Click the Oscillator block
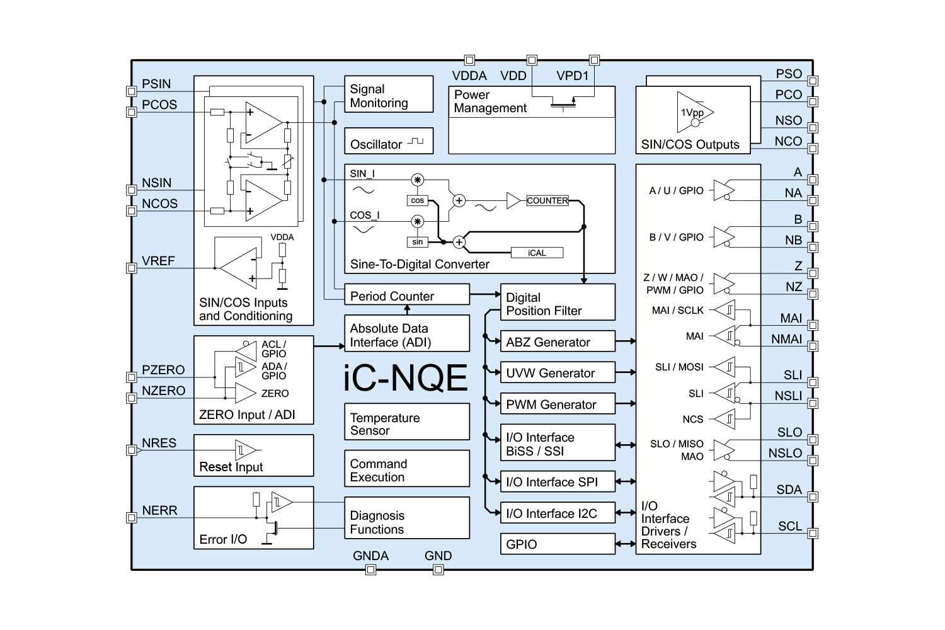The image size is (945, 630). (389, 141)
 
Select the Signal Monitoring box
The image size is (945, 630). (389, 94)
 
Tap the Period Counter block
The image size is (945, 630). (407, 295)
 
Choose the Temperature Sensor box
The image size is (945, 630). (407, 422)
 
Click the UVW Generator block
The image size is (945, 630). (557, 372)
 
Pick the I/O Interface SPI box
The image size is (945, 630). (557, 481)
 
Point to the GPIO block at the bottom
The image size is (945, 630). (557, 544)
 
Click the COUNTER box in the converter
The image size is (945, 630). (547, 200)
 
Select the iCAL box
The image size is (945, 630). (537, 253)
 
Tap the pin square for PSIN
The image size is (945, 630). (132, 91)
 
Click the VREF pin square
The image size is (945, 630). (132, 268)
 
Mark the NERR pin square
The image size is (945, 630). (132, 518)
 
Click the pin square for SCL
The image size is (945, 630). (813, 534)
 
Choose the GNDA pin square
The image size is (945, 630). (371, 570)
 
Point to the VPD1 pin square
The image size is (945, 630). (593, 60)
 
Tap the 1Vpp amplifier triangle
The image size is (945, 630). (693, 113)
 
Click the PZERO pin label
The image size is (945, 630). (163, 370)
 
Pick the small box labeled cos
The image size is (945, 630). (418, 200)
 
